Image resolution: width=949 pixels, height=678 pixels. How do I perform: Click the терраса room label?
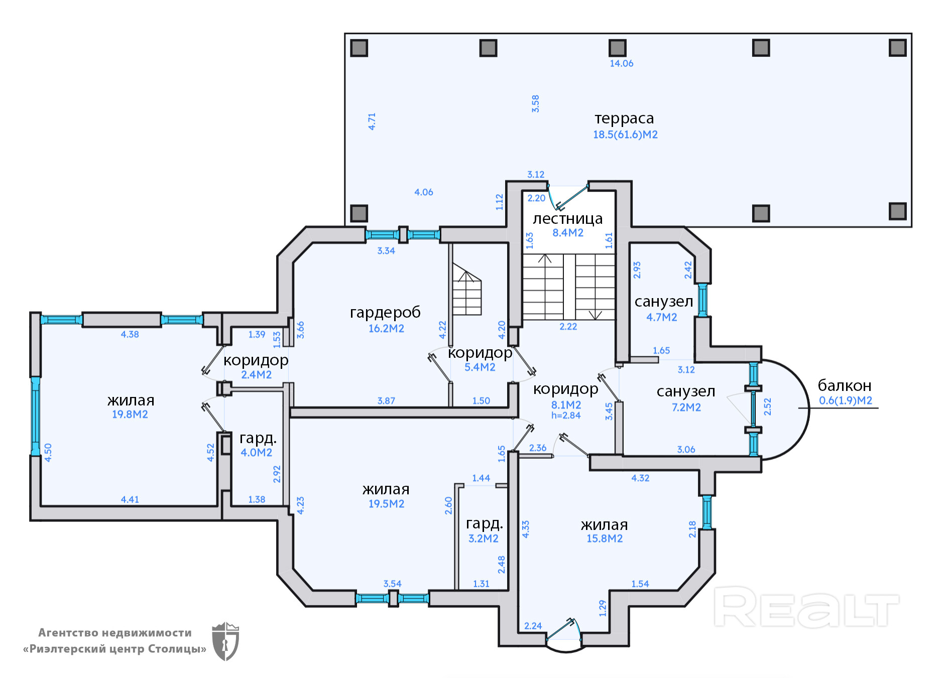coord(624,118)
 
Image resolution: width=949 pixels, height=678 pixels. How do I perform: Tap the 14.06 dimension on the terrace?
coord(621,63)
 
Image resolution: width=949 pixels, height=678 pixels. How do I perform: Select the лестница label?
coord(567,219)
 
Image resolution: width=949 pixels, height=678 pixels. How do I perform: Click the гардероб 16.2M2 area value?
coord(386,329)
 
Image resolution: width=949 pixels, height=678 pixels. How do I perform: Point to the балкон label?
coord(844,385)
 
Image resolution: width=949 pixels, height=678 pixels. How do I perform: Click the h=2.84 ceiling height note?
coord(566,416)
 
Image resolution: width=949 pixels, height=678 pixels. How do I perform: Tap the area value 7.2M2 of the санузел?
coord(686,408)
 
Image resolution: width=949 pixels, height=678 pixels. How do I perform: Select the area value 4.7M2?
coord(661,317)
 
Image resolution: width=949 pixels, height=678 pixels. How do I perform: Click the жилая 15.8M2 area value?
coord(605,538)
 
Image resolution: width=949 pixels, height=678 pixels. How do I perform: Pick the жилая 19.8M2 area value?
coord(130,415)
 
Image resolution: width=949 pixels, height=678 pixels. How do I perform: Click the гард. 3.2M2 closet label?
coord(484,523)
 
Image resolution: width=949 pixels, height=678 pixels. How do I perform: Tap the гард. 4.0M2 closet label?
coord(258,438)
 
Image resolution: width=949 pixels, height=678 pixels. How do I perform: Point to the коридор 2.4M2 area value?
coord(256,375)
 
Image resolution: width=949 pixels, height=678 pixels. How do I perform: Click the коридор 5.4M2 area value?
coord(480,367)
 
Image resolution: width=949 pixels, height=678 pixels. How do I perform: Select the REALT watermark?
coord(806,608)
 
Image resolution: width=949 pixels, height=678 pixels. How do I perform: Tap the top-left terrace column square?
coord(359,48)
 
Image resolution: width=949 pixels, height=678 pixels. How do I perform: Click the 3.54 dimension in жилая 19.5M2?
coord(392,584)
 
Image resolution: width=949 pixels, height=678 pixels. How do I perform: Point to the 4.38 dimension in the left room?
coord(130,334)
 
